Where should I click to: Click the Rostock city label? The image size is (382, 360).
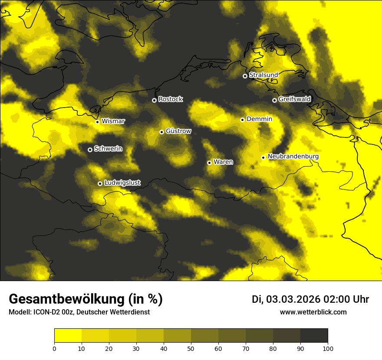tap(171, 99)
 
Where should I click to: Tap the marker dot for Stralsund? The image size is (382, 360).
tap(245, 76)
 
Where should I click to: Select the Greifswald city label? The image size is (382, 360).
tap(295, 99)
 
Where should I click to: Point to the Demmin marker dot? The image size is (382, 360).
tap(242, 120)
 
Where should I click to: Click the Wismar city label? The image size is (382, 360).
tap(113, 121)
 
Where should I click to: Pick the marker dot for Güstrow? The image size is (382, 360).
tap(161, 132)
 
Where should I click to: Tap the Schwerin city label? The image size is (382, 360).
tap(108, 149)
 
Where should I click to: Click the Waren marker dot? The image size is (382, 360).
tap(209, 163)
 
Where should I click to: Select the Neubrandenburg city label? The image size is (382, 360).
tap(293, 157)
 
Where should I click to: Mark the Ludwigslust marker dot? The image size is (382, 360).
tap(100, 183)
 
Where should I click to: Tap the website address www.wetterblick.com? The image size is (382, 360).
tap(313, 312)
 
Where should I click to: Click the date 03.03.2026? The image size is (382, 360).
tap(293, 299)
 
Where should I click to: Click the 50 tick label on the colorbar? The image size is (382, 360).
tap(191, 348)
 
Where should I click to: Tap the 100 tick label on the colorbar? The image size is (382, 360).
tap(328, 348)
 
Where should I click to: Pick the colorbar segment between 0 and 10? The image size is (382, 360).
tap(68, 336)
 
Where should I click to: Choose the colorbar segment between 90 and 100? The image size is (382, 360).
tap(314, 336)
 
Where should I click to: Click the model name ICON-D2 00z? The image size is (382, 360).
tap(51, 312)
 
